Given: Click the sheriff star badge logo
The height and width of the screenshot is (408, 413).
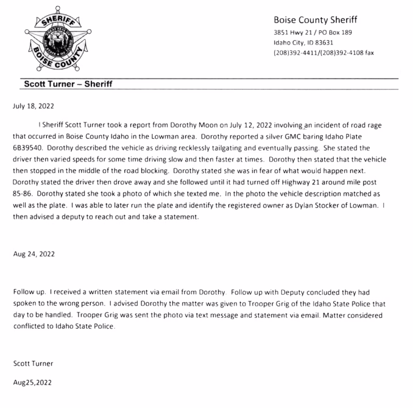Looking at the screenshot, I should click(55, 40).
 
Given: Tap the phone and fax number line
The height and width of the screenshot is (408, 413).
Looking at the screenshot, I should click(323, 53).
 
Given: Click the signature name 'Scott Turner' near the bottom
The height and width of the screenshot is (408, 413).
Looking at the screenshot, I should click(32, 364).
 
